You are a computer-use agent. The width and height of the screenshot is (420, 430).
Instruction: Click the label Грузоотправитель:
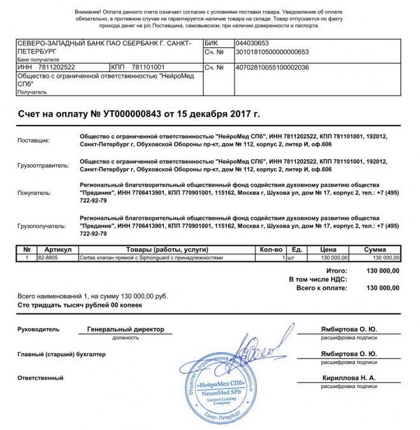pyautogui.click(x=43, y=166)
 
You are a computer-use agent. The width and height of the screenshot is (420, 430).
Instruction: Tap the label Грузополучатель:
pyautogui.click(x=42, y=226)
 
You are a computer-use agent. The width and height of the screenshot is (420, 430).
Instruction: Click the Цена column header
pyautogui.click(x=328, y=250)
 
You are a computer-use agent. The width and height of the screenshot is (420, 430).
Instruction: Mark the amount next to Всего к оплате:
pyautogui.click(x=382, y=288)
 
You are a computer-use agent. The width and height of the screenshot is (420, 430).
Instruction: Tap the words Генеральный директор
pyautogui.click(x=126, y=329)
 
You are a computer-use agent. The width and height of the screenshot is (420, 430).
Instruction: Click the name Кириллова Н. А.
pyautogui.click(x=348, y=377)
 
